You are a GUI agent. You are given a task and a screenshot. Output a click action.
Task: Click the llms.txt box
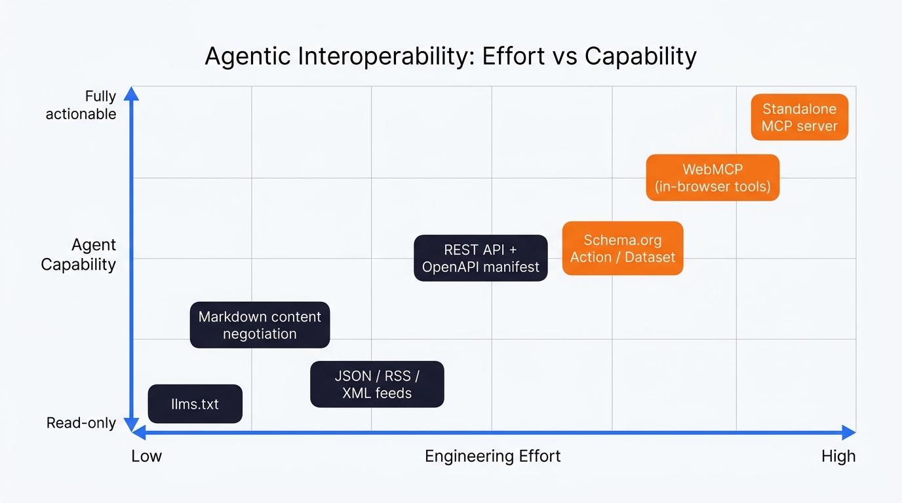coord(195,403)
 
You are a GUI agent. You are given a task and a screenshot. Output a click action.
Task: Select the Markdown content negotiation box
coord(260,325)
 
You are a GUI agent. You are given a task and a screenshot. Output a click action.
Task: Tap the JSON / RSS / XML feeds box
coord(377,384)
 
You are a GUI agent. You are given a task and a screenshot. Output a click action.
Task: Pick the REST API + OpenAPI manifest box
coord(480,258)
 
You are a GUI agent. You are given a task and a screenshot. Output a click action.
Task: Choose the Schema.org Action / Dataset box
coord(623,248)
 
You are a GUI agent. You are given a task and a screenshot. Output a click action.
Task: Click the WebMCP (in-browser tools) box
coord(713,177)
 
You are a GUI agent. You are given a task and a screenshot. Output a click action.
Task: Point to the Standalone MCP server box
coord(799,117)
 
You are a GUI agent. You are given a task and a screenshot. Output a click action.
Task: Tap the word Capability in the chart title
coord(640,56)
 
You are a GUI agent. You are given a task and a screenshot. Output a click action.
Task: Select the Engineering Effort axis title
coord(492,456)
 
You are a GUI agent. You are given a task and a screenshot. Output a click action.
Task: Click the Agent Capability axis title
coord(79,254)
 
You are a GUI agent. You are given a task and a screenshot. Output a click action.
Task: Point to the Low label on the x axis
coord(146,456)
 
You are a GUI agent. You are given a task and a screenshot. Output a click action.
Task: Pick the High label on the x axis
coord(838,456)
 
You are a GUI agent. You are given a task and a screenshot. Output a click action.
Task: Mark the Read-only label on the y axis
coord(81,423)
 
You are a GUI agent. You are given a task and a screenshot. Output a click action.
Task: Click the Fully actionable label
coord(81,105)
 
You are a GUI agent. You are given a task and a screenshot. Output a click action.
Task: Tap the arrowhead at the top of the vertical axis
coord(132,93)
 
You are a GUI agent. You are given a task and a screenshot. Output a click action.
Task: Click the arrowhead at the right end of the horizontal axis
coord(848,432)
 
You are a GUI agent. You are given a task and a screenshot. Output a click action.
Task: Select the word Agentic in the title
coord(248,56)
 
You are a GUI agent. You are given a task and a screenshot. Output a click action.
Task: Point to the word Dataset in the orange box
coord(650,257)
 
